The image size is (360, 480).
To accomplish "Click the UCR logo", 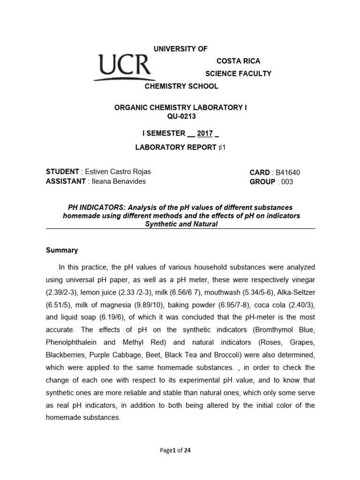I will [x=124, y=67].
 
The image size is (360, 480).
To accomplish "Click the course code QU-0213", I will [x=180, y=116].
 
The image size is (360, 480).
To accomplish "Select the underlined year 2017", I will [x=205, y=134].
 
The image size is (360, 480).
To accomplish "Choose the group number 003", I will [x=285, y=182].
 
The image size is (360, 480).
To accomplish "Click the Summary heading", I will [x=62, y=250].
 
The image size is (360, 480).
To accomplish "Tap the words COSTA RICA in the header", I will [x=238, y=61].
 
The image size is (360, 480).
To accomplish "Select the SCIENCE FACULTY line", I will [x=239, y=74].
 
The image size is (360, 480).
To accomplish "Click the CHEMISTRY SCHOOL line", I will [x=180, y=86].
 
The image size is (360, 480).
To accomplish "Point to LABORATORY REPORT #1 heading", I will [x=180, y=147].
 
